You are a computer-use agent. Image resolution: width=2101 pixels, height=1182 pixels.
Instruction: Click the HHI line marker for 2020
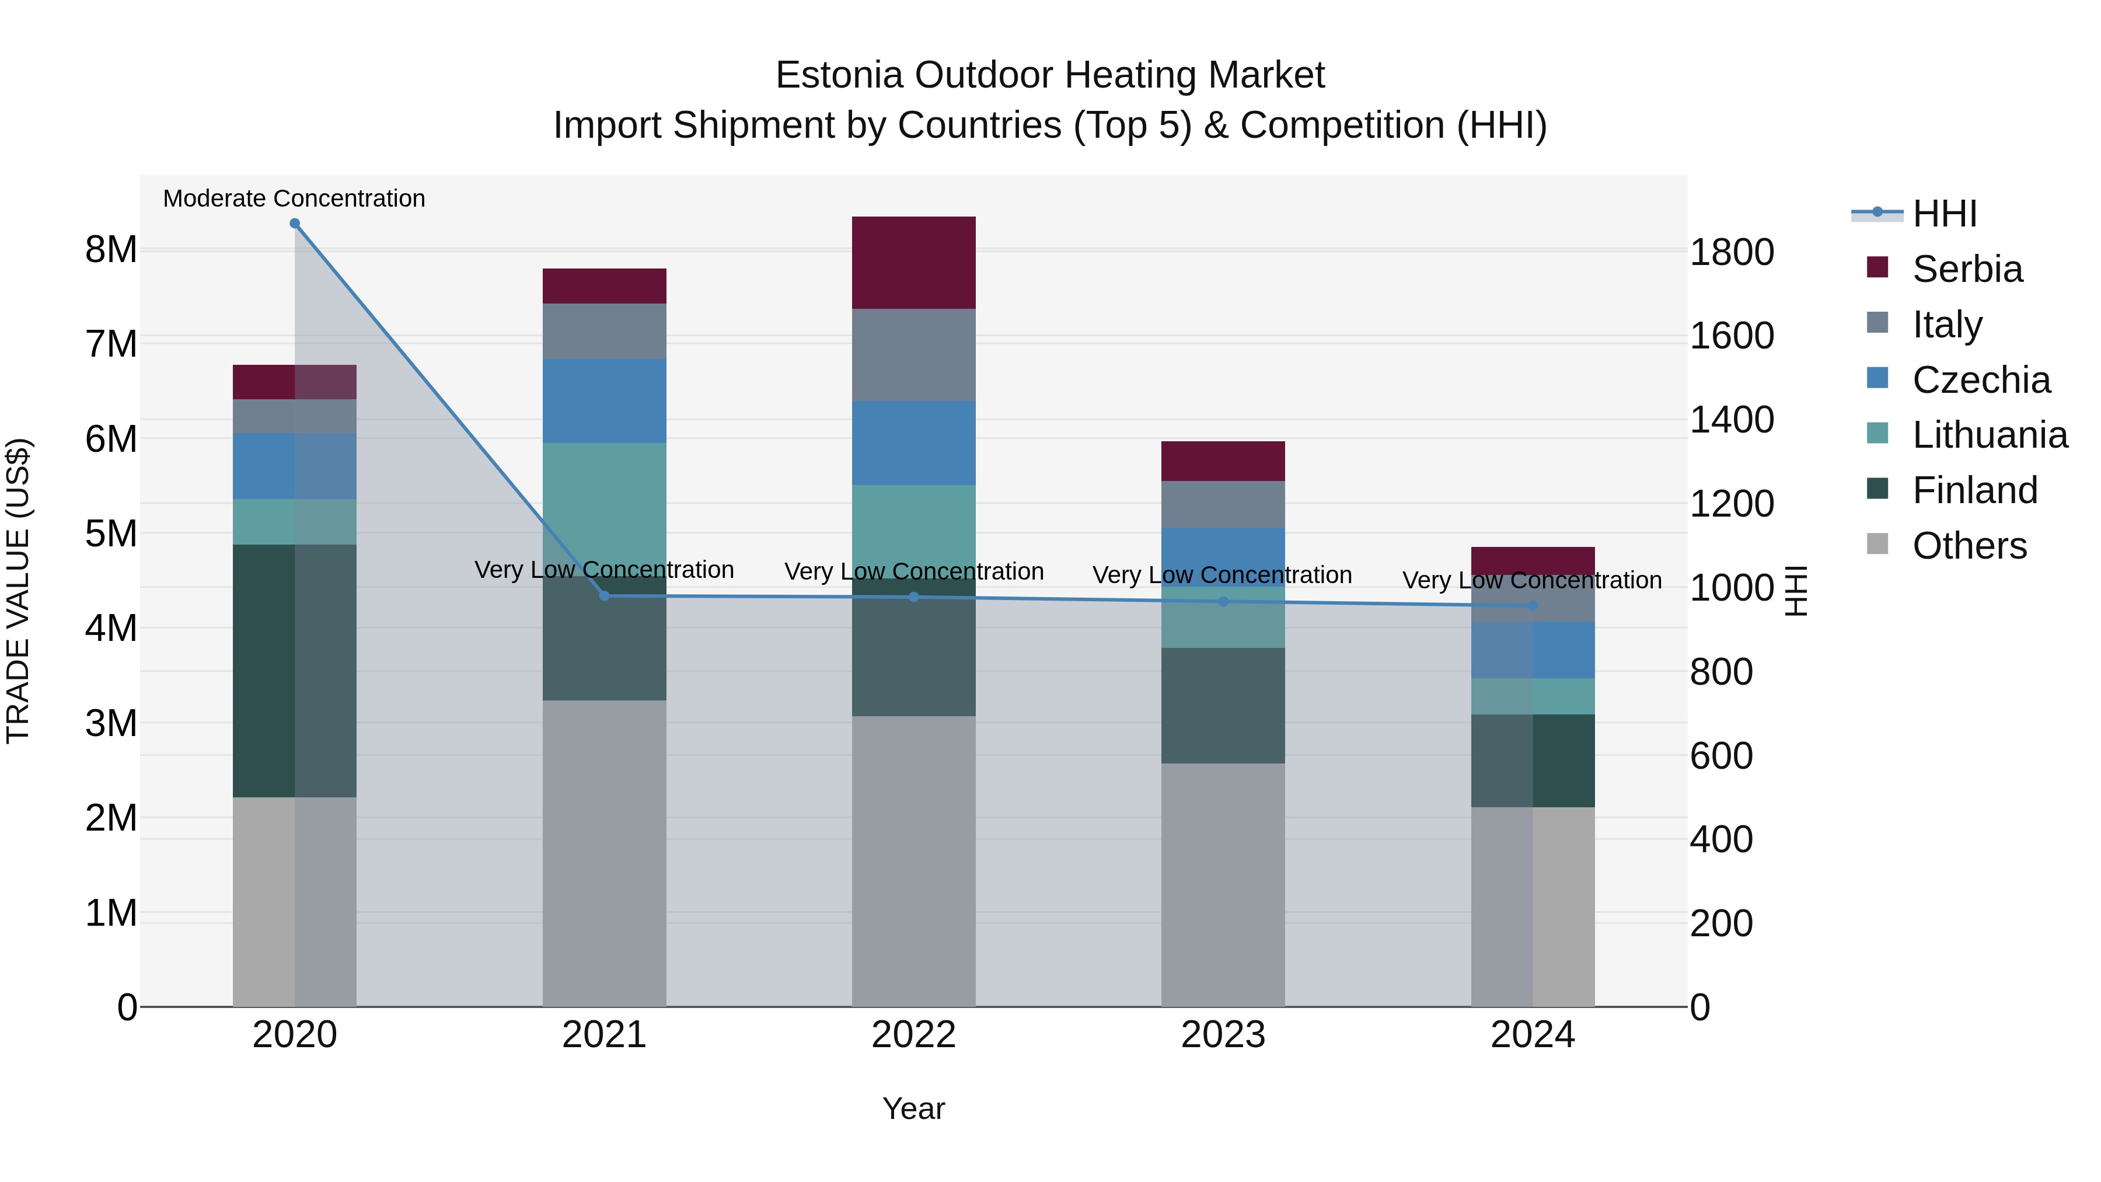click(x=295, y=224)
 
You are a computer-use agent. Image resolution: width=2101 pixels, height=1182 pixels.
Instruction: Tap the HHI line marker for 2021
click(x=605, y=595)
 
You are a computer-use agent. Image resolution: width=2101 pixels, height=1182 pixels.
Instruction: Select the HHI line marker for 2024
click(x=1533, y=605)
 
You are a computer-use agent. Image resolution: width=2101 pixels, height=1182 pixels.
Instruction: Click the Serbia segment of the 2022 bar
click(x=913, y=263)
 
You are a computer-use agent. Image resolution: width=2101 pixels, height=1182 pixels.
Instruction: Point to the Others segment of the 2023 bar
click(x=1223, y=884)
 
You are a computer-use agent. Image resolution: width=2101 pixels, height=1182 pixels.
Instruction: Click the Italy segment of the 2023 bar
click(x=1223, y=504)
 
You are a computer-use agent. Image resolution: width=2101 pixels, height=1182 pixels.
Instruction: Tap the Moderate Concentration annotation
click(x=295, y=198)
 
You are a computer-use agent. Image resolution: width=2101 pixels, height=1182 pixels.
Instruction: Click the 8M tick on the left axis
click(x=111, y=250)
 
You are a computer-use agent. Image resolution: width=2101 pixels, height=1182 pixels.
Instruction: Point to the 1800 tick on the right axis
click(x=1732, y=252)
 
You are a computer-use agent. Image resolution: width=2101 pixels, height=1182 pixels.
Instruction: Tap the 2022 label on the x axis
click(x=913, y=1035)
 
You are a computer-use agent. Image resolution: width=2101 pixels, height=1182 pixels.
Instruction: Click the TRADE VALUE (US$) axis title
click(x=18, y=591)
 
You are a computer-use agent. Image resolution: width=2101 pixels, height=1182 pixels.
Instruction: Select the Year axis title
click(x=913, y=1108)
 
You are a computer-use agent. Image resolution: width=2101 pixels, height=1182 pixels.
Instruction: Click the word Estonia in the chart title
click(x=839, y=75)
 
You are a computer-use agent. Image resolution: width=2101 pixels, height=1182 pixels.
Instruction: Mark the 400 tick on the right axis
click(x=1721, y=839)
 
